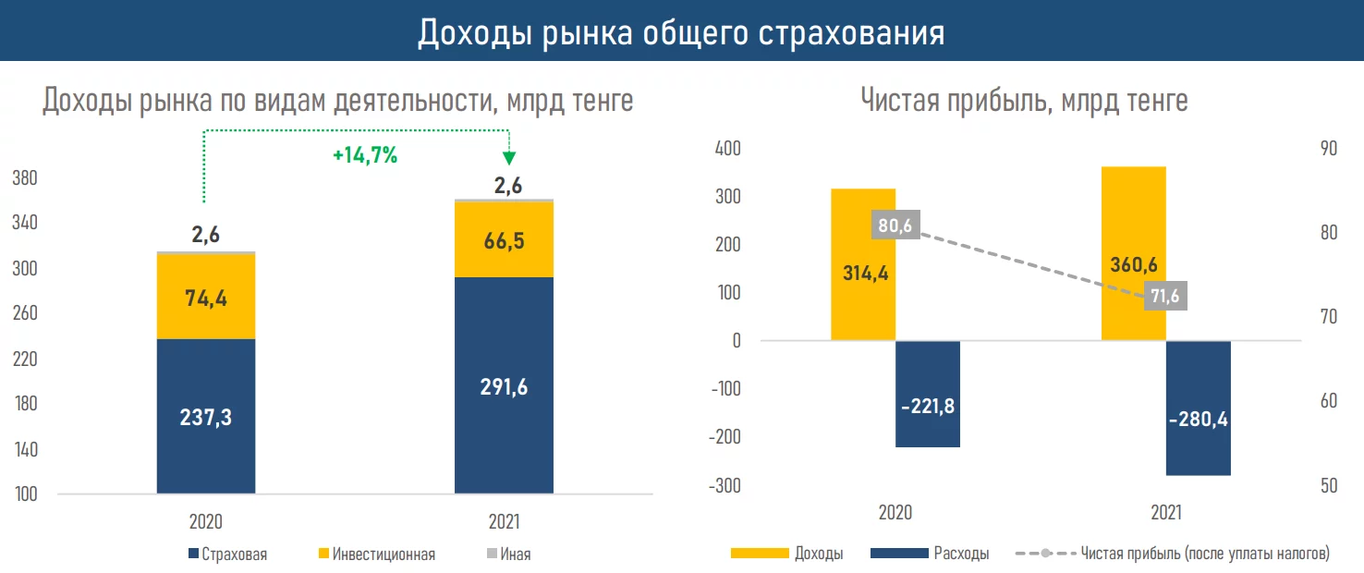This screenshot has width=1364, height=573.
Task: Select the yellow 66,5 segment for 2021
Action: point(504,240)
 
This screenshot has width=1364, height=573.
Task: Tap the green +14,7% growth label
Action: point(365,156)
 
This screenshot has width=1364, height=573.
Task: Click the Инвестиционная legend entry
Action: point(376,555)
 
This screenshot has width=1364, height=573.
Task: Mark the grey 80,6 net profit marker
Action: point(895,225)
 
